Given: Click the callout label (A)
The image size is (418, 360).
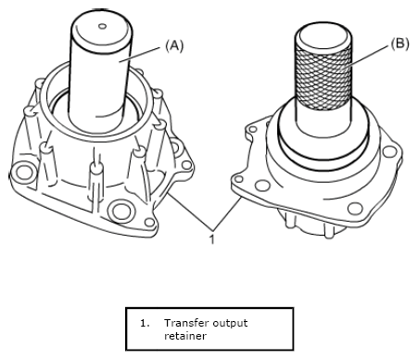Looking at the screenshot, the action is point(174,45).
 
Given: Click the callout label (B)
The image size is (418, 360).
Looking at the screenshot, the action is point(399,44).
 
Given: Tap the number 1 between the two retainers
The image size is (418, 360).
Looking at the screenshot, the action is point(212,239).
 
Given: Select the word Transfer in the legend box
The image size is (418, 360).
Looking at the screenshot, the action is point(183,323).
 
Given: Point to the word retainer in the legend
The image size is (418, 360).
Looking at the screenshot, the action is point(184,336).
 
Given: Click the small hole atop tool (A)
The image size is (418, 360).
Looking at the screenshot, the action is point(103,26).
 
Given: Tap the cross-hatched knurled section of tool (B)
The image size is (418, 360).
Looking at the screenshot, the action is point(323,76).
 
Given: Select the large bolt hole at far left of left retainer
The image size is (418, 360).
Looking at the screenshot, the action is point(23,173).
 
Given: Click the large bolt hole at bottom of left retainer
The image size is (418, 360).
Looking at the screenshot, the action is point(121,212).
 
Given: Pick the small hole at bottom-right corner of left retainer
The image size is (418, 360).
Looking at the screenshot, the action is point(149,222).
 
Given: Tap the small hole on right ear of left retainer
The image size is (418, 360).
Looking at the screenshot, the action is point(186,165).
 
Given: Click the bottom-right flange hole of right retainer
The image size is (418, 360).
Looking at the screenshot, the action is point(355,209).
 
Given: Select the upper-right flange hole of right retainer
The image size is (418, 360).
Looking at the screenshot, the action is point(389,151).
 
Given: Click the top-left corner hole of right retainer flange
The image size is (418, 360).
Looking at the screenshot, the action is point(253,129).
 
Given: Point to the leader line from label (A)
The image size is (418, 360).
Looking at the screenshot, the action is point(140,55).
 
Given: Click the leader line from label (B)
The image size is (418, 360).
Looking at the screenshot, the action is point(368,55).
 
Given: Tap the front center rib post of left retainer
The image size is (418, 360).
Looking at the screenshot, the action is point(96,183).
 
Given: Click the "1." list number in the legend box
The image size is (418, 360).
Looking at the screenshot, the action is point(145,324).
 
